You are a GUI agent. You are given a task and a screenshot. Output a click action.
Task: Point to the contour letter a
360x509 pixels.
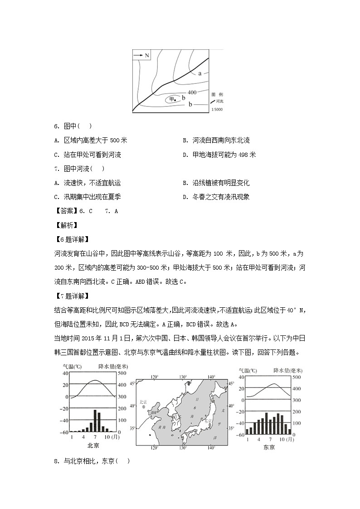199,73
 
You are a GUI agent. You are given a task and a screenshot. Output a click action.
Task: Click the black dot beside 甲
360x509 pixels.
175,100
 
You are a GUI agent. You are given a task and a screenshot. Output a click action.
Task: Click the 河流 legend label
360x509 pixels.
220,101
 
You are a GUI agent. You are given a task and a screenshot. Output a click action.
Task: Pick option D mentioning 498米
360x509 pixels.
219,155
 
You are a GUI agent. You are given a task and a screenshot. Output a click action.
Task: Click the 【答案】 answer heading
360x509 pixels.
66,211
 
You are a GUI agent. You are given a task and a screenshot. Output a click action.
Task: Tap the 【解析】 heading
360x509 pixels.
66,225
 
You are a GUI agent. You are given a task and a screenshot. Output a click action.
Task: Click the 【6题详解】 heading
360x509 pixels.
71,239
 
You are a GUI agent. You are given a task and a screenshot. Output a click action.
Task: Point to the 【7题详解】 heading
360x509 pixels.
71,296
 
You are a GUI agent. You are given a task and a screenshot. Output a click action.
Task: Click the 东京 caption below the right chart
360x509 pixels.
268,447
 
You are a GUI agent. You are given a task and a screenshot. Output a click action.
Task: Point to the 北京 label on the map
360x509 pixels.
143,402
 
